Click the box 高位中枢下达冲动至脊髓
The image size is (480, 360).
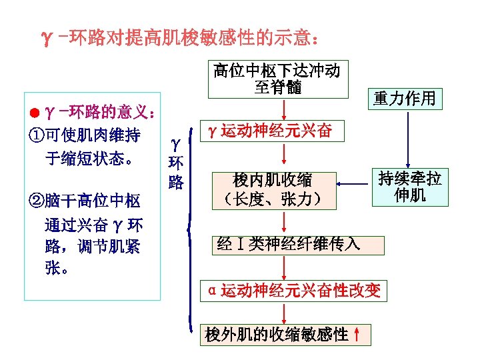[x=277, y=79]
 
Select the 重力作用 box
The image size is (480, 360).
[x=404, y=99]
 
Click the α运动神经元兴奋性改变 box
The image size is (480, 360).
[x=293, y=290]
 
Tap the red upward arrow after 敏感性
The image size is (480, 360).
[x=358, y=334]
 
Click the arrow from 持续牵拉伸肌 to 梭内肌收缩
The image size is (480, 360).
[x=353, y=181]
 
